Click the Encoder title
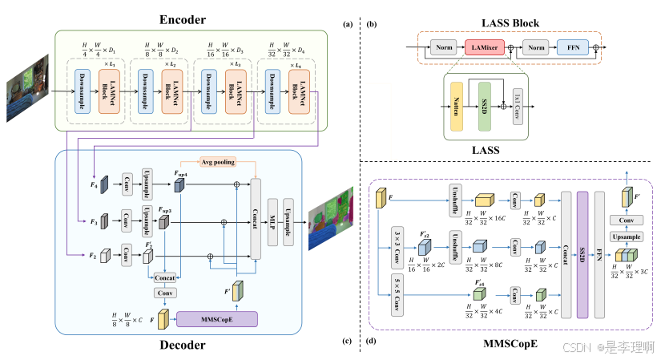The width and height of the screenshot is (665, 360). point(193,18)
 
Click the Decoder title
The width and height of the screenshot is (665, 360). point(192,346)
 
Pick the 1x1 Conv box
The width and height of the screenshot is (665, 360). point(518,106)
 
